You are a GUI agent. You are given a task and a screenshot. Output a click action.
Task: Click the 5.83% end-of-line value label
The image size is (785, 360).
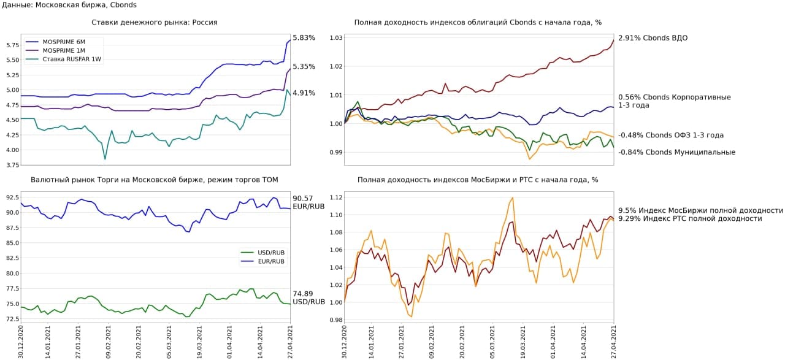click(304, 38)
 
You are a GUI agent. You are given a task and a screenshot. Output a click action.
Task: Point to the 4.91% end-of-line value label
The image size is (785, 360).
click(304, 93)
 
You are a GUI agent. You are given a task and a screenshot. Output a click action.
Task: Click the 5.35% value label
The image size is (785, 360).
click(304, 67)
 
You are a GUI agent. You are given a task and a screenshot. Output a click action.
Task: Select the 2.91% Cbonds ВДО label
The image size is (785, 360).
click(653, 38)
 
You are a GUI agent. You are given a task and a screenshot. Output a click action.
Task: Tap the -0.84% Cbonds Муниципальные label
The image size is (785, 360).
click(676, 153)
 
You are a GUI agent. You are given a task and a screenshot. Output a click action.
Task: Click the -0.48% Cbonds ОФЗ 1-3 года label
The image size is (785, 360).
click(670, 136)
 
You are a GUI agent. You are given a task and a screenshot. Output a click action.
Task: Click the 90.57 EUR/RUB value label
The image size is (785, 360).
click(307, 202)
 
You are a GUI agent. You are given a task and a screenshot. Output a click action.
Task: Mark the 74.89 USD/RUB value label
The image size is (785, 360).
click(307, 297)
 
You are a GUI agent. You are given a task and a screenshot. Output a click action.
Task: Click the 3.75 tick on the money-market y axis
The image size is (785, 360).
click(11, 165)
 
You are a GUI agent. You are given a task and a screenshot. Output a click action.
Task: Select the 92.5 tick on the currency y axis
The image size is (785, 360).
click(11, 197)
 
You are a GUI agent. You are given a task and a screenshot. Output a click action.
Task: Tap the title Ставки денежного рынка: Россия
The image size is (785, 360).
click(154, 23)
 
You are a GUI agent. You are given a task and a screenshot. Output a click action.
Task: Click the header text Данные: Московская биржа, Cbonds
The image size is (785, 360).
click(69, 5)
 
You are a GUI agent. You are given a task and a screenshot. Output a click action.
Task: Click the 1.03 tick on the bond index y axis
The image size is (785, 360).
click(335, 38)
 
